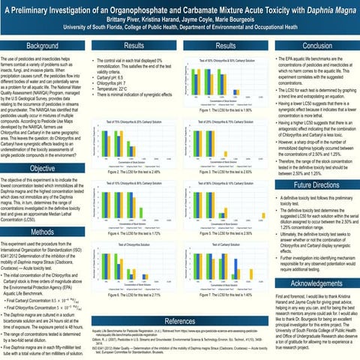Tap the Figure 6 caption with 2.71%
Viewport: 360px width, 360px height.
click(x=133, y=296)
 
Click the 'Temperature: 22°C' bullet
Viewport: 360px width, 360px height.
click(x=119, y=89)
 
